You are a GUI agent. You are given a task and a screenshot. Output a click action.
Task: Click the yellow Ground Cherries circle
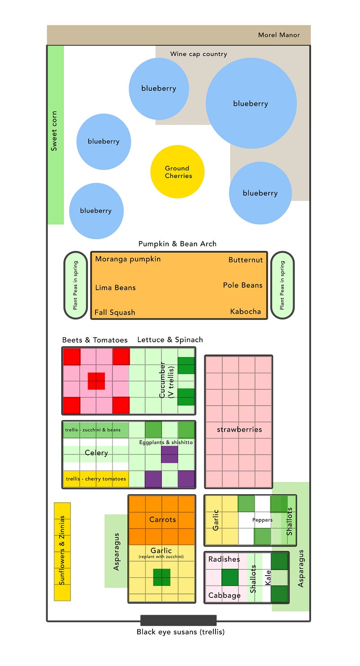click(x=177, y=172)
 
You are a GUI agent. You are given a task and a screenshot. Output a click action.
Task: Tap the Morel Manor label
click(x=279, y=35)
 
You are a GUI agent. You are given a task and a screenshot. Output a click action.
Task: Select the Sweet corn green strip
click(x=55, y=135)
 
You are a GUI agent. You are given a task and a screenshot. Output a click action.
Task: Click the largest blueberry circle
click(x=251, y=103)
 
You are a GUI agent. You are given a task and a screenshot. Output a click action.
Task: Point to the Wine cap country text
click(x=198, y=54)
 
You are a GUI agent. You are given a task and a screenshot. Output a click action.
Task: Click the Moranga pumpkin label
click(x=128, y=259)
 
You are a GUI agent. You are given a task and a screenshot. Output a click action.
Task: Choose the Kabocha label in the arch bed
click(x=245, y=311)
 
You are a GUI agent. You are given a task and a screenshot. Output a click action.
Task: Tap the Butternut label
click(x=245, y=260)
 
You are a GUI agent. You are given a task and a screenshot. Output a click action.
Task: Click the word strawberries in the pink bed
click(x=239, y=429)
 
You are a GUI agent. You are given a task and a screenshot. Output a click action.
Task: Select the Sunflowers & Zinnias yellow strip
click(x=62, y=551)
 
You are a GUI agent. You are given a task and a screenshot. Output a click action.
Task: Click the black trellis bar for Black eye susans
click(x=178, y=620)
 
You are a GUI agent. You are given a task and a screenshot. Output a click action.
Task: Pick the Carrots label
click(x=162, y=519)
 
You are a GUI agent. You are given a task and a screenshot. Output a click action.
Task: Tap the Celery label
click(x=96, y=452)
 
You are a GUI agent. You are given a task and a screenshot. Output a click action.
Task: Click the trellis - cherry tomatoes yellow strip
click(x=96, y=479)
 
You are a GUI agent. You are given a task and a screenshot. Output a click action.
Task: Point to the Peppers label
click(x=262, y=520)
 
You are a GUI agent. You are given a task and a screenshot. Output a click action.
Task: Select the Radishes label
click(x=224, y=559)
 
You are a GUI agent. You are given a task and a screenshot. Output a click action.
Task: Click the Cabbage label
click(x=224, y=595)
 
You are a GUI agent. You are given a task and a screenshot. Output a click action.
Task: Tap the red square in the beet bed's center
click(x=96, y=381)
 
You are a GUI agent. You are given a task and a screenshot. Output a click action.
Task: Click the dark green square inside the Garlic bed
click(x=162, y=577)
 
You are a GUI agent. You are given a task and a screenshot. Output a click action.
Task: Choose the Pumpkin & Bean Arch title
click(x=177, y=244)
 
